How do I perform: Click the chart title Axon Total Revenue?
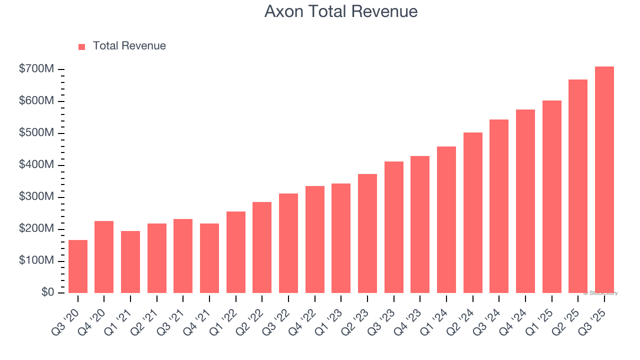[x=340, y=11]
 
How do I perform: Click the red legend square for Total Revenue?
[x=82, y=46]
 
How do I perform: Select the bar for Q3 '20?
[x=78, y=266]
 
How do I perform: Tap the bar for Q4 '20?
[x=104, y=257]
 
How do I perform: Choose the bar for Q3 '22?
[x=288, y=243]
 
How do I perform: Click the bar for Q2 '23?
[x=367, y=233]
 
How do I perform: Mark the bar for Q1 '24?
[x=446, y=219]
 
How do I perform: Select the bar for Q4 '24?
[x=525, y=201]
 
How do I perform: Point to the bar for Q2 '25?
[x=578, y=186]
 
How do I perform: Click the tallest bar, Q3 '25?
[x=604, y=179]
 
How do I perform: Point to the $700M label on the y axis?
[x=36, y=69]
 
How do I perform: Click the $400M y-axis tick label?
[x=36, y=165]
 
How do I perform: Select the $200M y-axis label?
[x=36, y=229]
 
